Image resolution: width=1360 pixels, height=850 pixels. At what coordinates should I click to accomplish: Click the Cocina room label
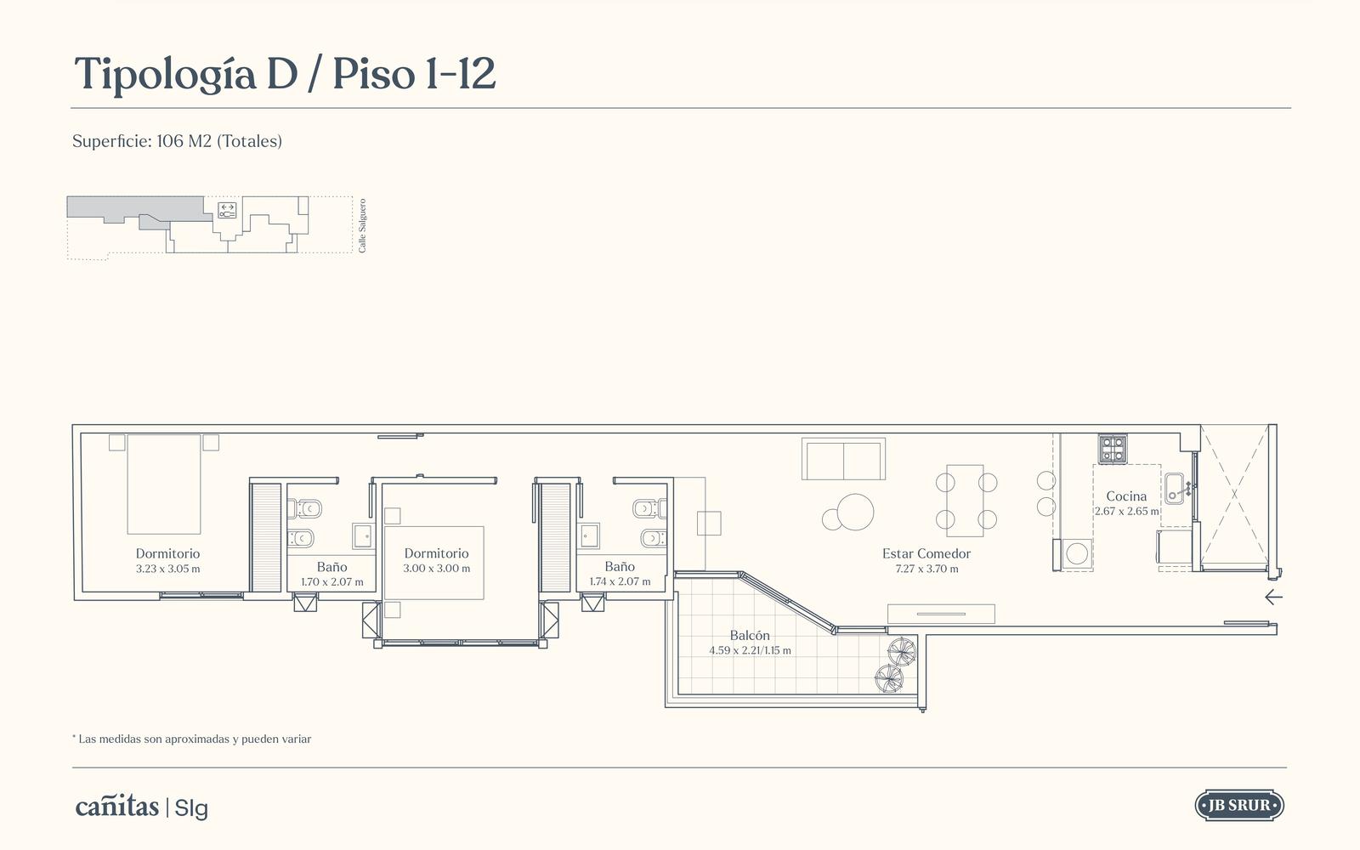(x=1126, y=496)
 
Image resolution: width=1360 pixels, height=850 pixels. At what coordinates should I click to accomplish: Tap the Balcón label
(x=750, y=636)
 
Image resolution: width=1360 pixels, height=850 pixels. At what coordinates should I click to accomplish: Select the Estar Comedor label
(x=926, y=553)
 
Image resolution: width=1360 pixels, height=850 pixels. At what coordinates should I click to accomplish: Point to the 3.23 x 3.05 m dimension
(x=167, y=569)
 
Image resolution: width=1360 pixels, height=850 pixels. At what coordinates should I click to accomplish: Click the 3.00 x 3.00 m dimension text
(x=437, y=569)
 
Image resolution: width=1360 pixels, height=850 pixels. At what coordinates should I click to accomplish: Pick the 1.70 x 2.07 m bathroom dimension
(x=332, y=581)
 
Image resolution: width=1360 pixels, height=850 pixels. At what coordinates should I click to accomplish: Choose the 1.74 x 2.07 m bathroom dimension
(x=620, y=581)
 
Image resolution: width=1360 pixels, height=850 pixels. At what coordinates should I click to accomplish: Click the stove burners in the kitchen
(x=1113, y=450)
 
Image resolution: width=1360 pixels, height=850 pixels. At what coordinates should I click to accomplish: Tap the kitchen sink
(x=1174, y=488)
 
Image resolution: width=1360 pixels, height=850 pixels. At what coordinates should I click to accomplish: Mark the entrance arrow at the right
(x=1274, y=598)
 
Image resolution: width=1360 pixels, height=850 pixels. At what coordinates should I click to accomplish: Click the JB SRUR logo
(x=1239, y=806)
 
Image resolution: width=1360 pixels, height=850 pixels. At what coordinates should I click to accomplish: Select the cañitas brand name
(x=117, y=807)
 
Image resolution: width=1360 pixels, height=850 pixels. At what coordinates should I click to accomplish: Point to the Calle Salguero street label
(x=362, y=226)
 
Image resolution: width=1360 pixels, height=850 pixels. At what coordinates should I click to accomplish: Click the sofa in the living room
(x=843, y=459)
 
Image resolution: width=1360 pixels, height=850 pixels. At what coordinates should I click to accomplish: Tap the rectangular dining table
(x=965, y=501)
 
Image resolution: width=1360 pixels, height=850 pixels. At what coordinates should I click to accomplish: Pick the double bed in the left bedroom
(x=164, y=484)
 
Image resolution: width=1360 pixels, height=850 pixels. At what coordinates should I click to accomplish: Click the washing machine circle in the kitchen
(x=1077, y=553)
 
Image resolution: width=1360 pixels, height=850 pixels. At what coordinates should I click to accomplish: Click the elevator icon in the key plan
(x=227, y=211)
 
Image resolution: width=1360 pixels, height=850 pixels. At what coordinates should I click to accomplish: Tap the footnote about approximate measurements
(x=192, y=739)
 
